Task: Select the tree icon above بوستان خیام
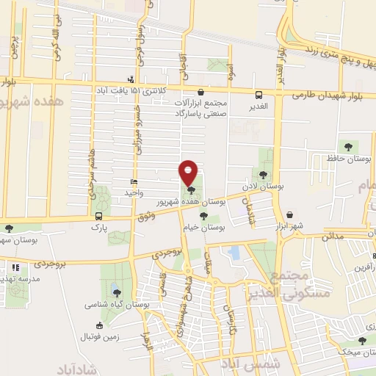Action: tap(203, 216)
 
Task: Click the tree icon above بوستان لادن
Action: tap(263, 174)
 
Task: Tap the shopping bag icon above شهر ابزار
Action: tap(291, 214)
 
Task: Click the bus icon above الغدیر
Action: tap(258, 95)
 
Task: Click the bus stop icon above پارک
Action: tap(98, 216)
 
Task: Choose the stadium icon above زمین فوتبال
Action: tap(99, 325)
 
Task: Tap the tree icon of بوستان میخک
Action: tap(361, 340)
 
